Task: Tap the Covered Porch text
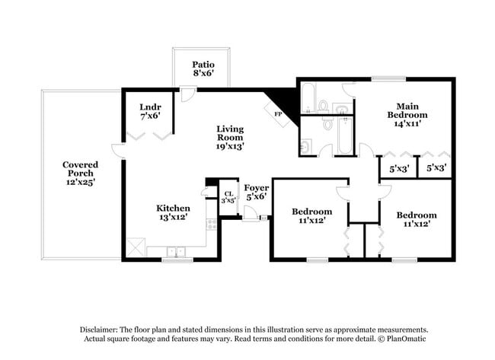[x=79, y=173]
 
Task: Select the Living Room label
[x=229, y=137]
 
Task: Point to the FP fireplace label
[x=278, y=115]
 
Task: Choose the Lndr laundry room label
[x=150, y=111]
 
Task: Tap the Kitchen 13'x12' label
[x=173, y=212]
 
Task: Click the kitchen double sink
[x=177, y=252]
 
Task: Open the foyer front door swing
[x=251, y=213]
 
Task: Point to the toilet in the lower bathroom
[x=305, y=145]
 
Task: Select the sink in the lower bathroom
[x=327, y=122]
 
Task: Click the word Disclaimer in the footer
[x=104, y=329]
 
